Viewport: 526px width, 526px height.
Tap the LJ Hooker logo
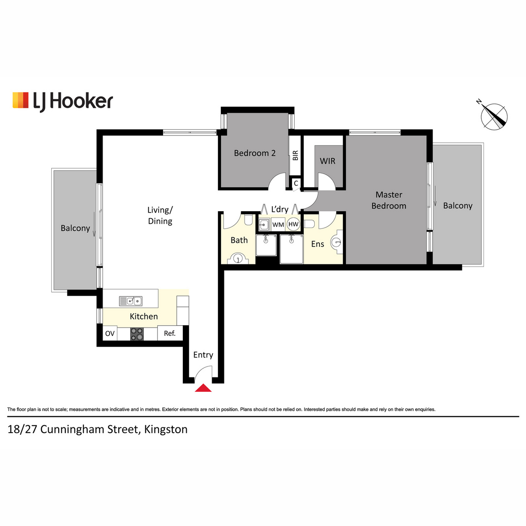[x=63, y=102]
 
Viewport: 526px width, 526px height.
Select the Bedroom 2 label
[x=255, y=153]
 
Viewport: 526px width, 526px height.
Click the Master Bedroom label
[x=389, y=200]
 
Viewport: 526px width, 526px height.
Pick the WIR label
[x=327, y=161]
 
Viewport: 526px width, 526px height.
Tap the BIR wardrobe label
[x=295, y=155]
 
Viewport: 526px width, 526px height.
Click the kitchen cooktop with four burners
[x=137, y=334]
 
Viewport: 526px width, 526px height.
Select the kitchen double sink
[x=131, y=301]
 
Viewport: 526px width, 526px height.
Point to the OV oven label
[x=110, y=334]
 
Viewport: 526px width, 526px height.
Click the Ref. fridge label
[x=170, y=333]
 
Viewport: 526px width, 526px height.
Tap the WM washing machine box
[x=278, y=224]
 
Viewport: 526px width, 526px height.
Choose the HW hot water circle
[x=293, y=224]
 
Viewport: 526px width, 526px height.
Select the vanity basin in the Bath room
[x=238, y=259]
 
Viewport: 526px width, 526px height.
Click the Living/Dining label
[x=160, y=215]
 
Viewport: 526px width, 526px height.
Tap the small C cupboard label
[x=296, y=183]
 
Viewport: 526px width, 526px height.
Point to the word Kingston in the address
[x=166, y=430]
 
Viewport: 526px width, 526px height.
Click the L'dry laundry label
[x=280, y=210]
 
